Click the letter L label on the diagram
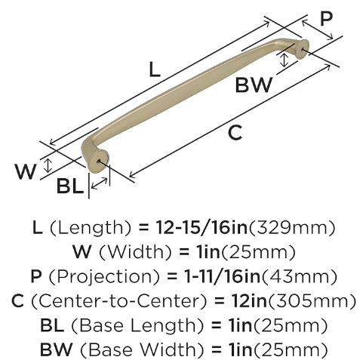155,69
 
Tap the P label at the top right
326,19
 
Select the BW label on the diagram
254,85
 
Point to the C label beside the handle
235,132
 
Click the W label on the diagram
26,171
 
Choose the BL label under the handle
70,186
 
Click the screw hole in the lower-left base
99,161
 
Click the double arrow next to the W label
48,165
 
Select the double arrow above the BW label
284,60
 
